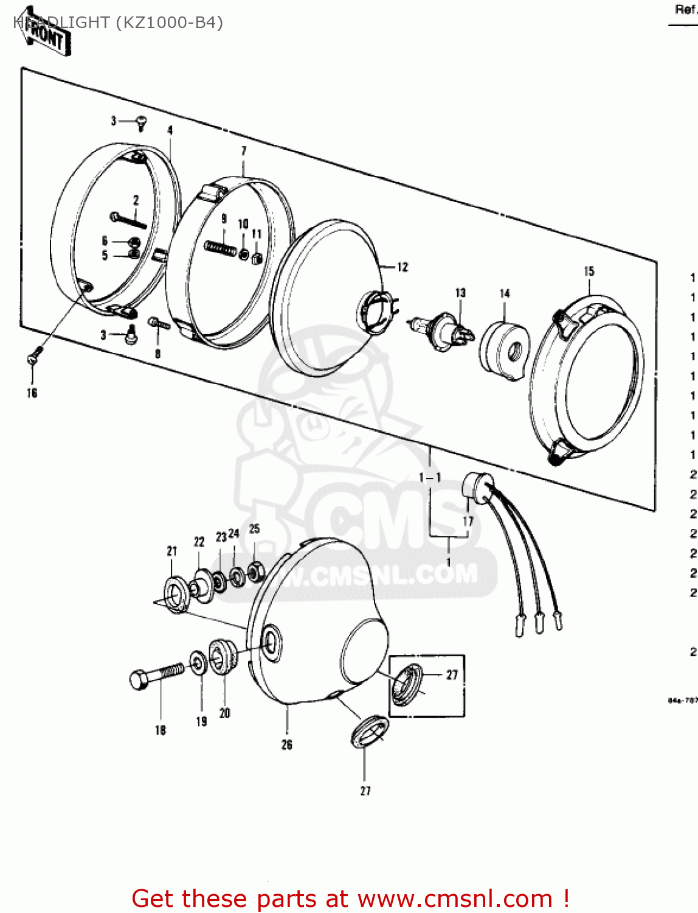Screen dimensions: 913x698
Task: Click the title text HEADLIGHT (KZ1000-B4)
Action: click(x=119, y=23)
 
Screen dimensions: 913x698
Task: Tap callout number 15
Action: click(x=589, y=271)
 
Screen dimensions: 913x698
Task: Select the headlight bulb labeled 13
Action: click(x=441, y=332)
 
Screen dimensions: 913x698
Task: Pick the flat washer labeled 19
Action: click(x=198, y=663)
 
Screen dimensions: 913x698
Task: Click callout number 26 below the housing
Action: click(x=287, y=744)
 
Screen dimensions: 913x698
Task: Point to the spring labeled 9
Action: click(x=221, y=247)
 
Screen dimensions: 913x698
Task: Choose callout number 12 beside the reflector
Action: click(x=402, y=267)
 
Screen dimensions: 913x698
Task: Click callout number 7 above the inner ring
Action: click(x=244, y=151)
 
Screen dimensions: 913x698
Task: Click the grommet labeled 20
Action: click(x=222, y=656)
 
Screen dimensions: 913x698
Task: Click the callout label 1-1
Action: click(x=430, y=478)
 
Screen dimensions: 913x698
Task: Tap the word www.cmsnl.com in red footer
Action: click(x=455, y=899)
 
